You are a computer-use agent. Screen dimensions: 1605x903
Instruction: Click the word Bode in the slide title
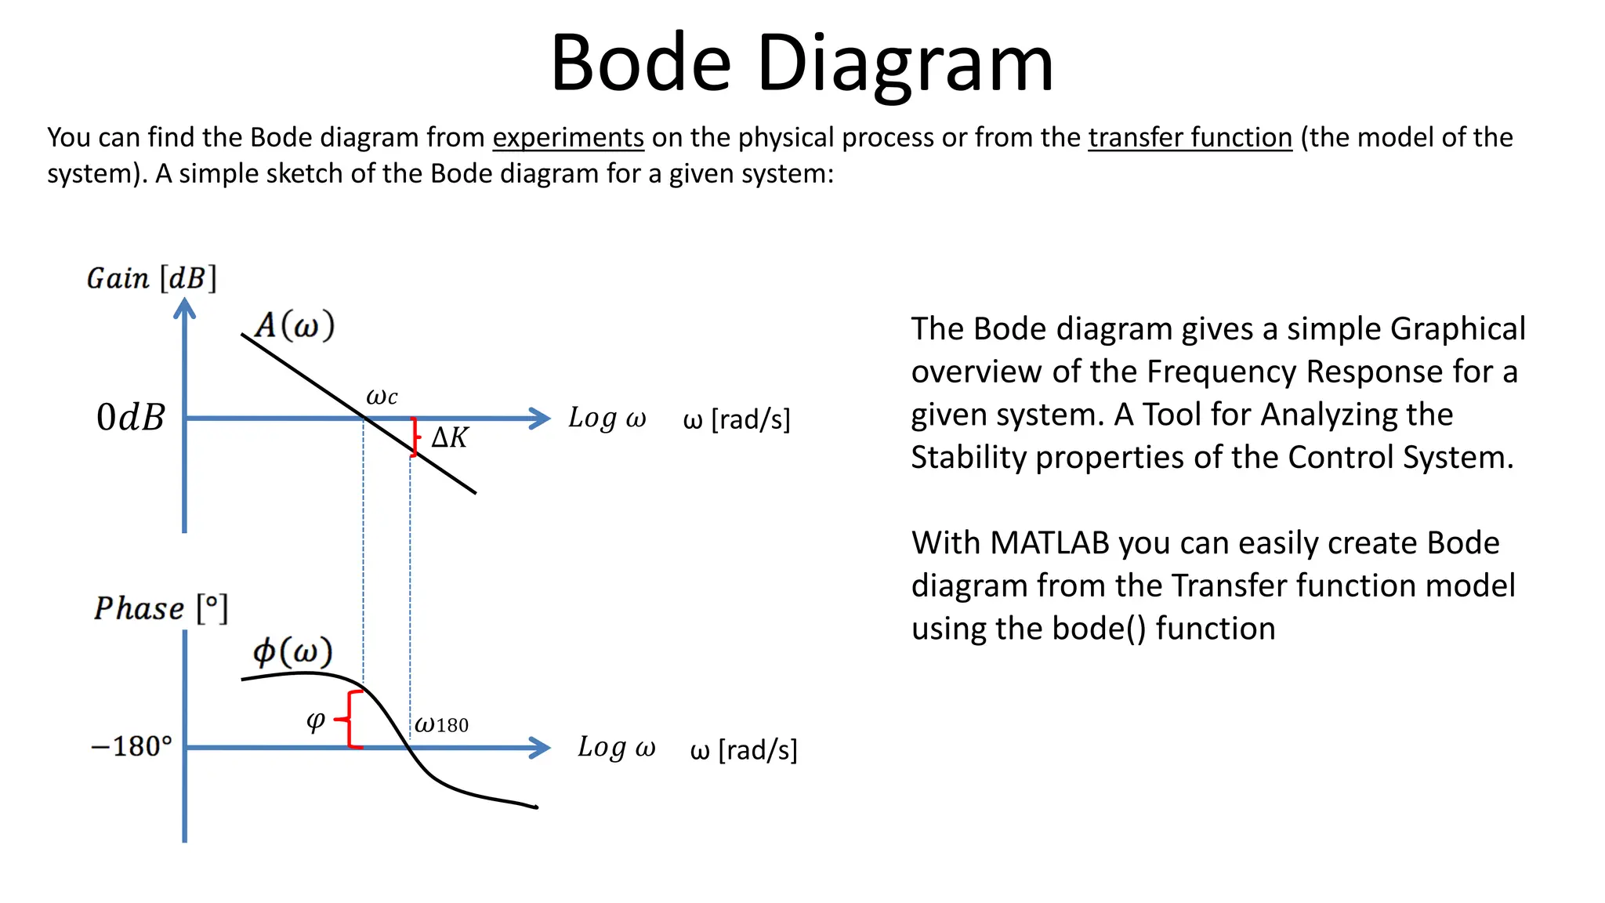(x=640, y=63)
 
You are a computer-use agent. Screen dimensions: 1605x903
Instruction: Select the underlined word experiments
(x=568, y=138)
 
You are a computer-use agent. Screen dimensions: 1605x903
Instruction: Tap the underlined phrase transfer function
(x=1190, y=138)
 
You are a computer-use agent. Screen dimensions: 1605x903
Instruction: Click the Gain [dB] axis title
(x=151, y=278)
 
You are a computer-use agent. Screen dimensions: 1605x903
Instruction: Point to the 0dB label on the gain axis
(x=130, y=417)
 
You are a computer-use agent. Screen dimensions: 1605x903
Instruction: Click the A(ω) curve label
(x=295, y=325)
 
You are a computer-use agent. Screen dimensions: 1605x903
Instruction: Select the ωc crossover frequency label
(x=382, y=397)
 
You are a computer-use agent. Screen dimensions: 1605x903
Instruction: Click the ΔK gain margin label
(x=450, y=437)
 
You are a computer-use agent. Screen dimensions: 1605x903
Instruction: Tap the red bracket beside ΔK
(x=415, y=437)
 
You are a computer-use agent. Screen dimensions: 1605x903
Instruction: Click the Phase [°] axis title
(x=161, y=608)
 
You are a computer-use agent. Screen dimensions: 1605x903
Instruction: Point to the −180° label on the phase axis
(x=131, y=746)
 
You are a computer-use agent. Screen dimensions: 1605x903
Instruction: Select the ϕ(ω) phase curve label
(x=292, y=651)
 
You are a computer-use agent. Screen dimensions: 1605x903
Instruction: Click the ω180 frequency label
(x=441, y=724)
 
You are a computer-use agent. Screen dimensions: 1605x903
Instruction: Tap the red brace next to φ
(x=350, y=719)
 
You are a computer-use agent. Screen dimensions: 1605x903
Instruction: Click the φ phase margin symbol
(x=315, y=720)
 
